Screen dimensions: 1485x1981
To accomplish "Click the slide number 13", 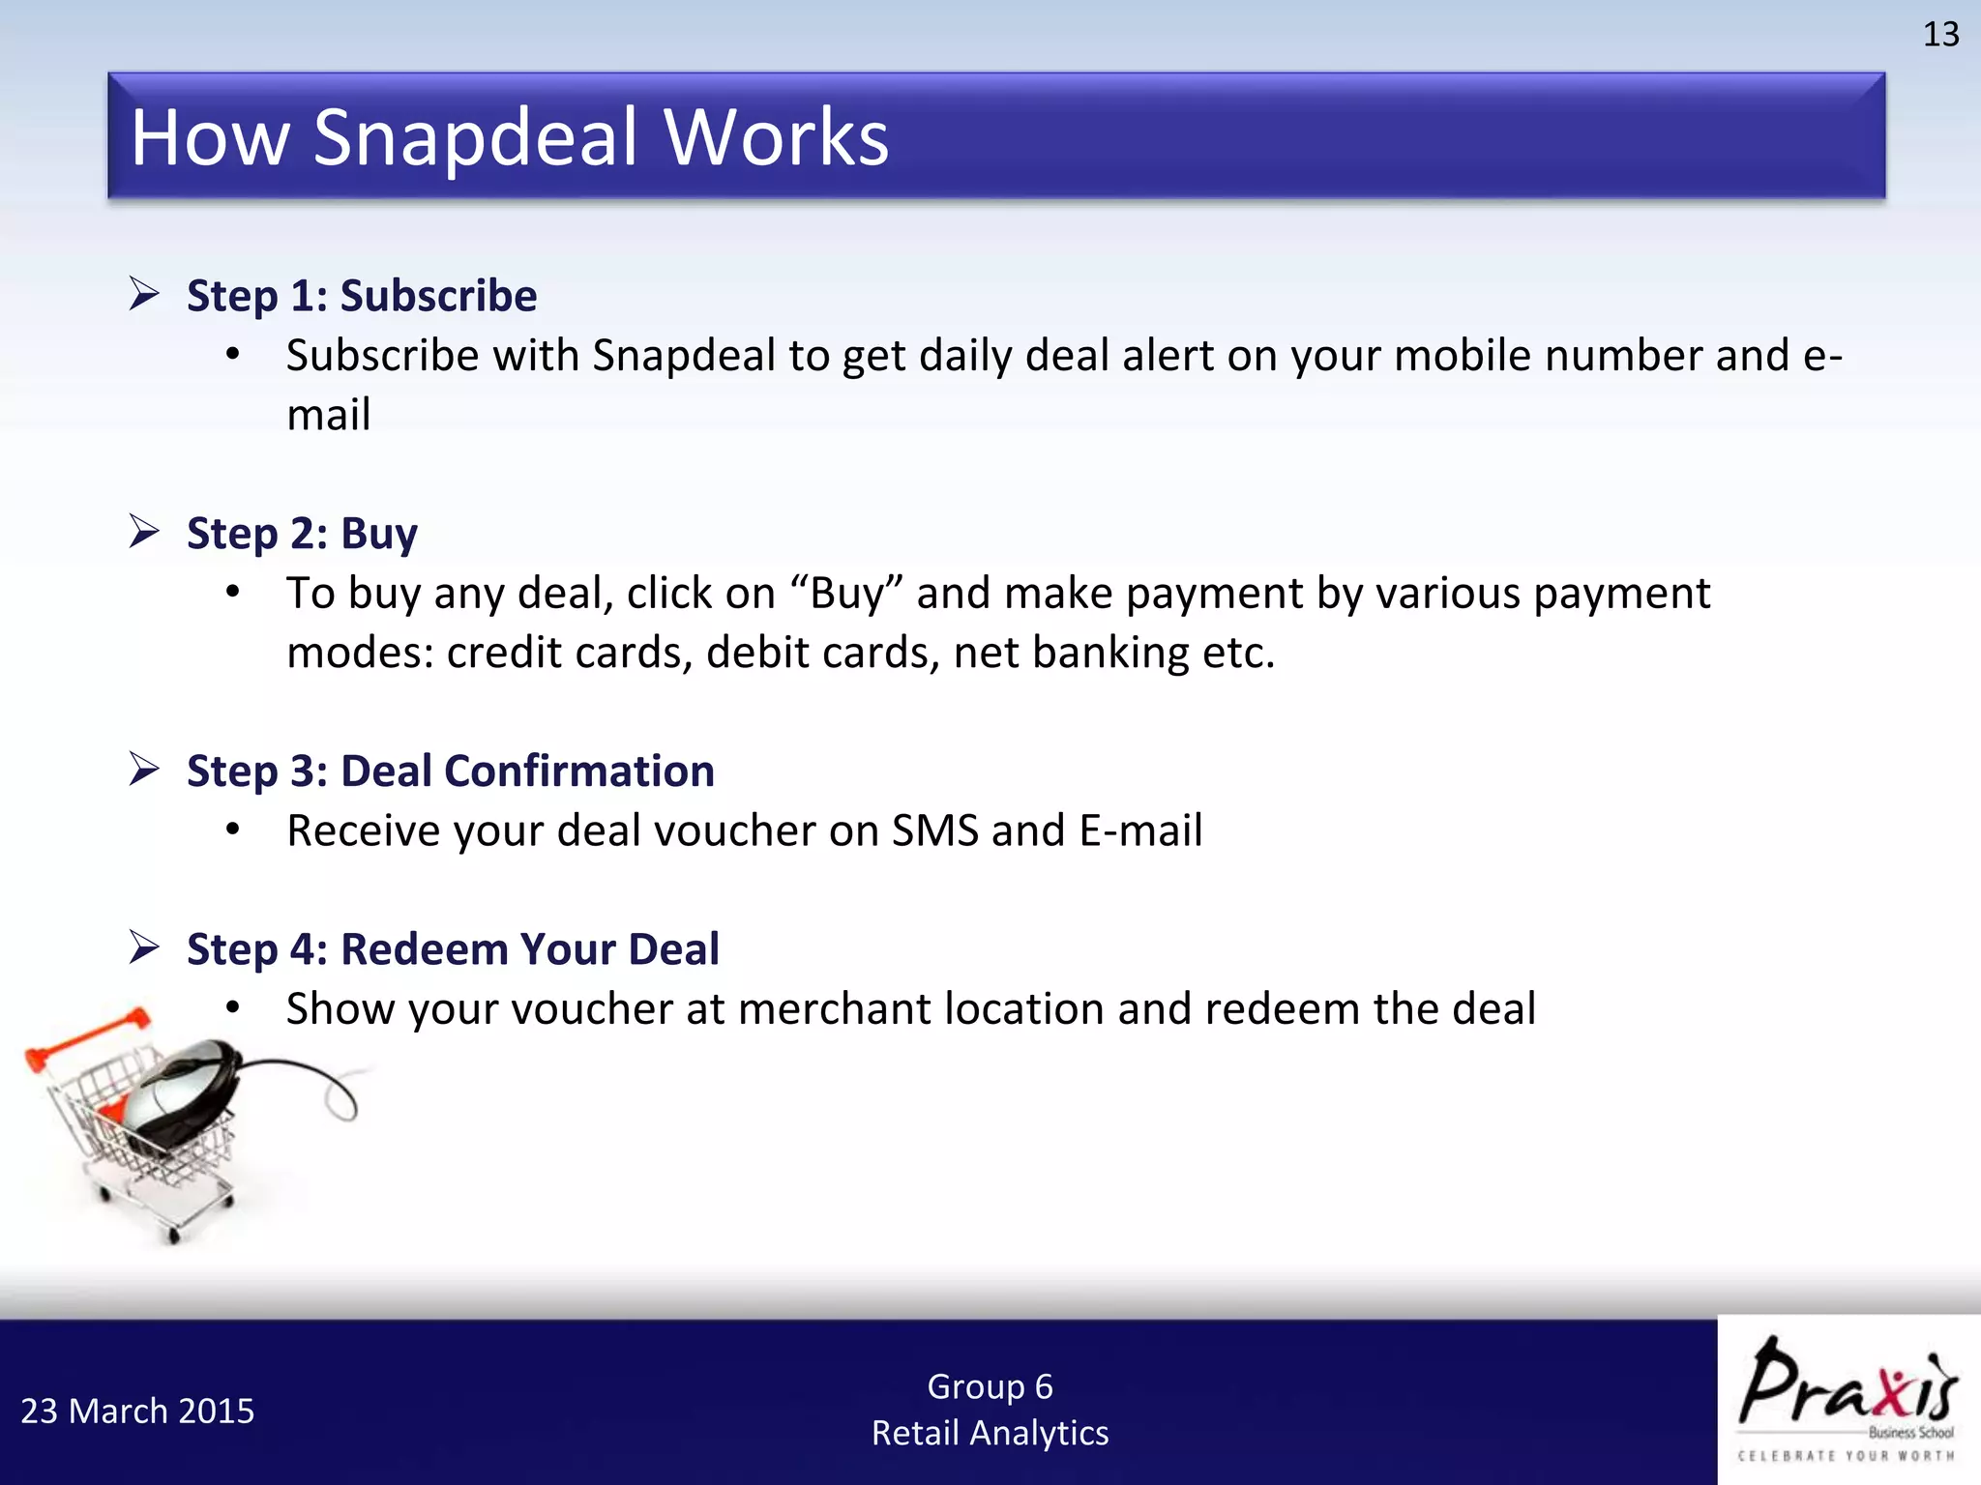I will coord(1939,35).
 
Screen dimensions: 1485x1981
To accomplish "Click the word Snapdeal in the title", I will coord(475,137).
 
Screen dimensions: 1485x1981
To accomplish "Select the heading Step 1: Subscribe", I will coord(361,296).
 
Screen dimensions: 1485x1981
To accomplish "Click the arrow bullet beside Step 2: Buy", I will coord(144,531).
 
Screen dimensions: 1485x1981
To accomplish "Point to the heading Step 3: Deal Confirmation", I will coord(450,772).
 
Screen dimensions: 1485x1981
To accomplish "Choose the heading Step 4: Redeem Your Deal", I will coord(453,949).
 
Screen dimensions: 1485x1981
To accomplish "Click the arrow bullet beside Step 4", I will coord(144,946).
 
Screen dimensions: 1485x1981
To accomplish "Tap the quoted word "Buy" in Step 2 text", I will coord(847,594).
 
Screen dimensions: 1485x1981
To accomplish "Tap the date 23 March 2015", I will coord(137,1412).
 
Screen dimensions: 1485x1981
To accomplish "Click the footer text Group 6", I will coord(990,1386).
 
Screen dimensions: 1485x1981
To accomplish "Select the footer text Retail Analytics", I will coord(990,1433).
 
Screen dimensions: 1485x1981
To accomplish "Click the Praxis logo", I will coord(1848,1397).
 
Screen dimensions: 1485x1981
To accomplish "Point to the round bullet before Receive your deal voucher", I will coord(232,830).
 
